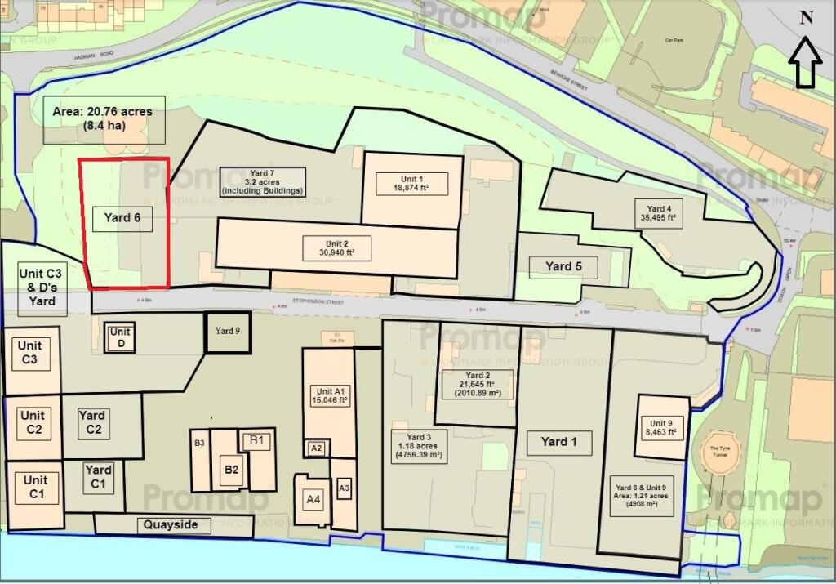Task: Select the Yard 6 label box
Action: pos(122,218)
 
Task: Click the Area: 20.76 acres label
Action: pos(101,119)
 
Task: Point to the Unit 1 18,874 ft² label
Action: pos(410,183)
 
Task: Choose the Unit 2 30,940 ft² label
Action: pos(337,247)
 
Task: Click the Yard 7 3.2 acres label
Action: pos(262,181)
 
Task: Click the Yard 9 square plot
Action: pos(228,332)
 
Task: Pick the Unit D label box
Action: pos(120,337)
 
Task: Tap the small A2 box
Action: pos(318,448)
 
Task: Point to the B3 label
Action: pos(199,443)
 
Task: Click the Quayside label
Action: pos(171,524)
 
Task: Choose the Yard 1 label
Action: pos(558,442)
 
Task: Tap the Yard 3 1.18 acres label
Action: pos(418,445)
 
